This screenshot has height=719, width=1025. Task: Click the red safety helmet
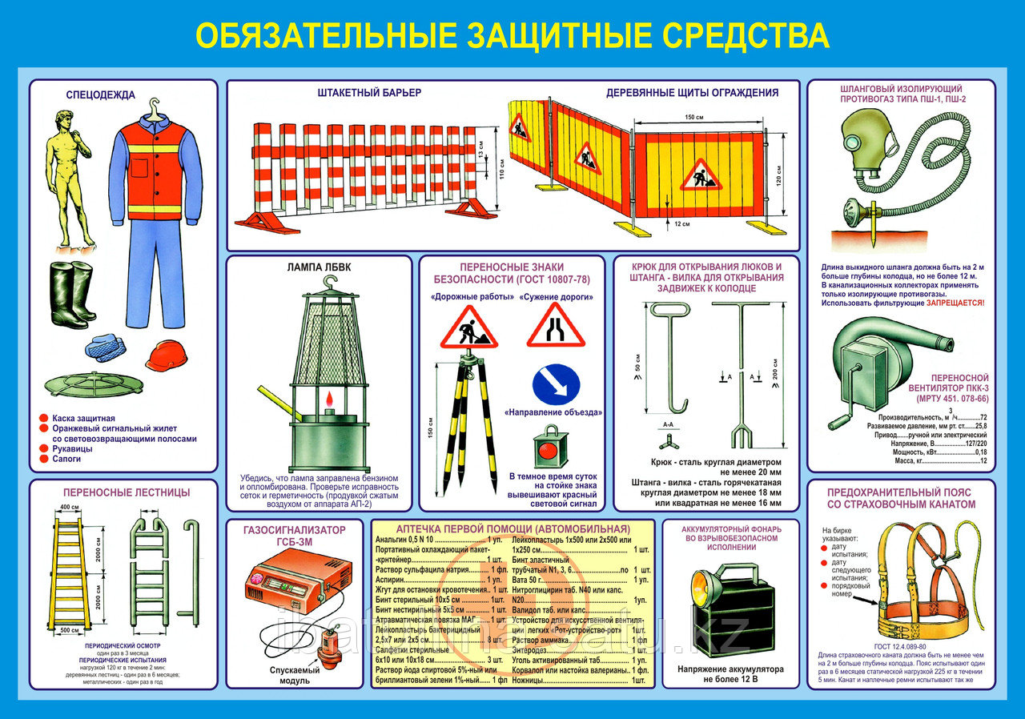point(166,355)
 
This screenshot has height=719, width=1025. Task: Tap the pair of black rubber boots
point(72,294)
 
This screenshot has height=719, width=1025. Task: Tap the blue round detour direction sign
point(555,384)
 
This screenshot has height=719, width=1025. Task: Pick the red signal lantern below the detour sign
point(551,449)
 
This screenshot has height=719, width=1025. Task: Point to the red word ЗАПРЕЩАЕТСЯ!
point(956,303)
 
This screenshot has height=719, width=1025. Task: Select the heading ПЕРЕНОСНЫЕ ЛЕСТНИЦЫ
point(123,492)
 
